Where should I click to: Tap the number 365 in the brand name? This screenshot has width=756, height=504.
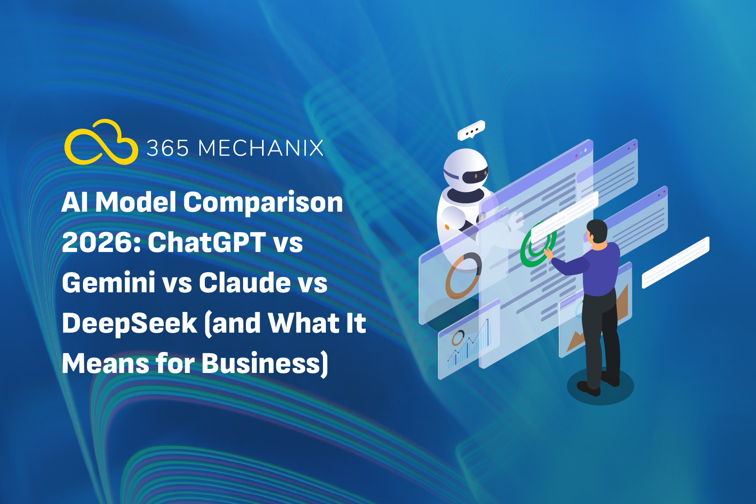click(x=168, y=148)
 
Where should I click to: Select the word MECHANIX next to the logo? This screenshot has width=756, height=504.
click(x=261, y=148)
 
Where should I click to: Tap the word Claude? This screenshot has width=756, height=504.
click(x=245, y=282)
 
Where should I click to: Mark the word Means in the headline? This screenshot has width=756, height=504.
click(x=105, y=363)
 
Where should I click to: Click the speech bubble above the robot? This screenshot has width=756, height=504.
click(x=471, y=130)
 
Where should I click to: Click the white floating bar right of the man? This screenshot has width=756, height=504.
click(x=675, y=262)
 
